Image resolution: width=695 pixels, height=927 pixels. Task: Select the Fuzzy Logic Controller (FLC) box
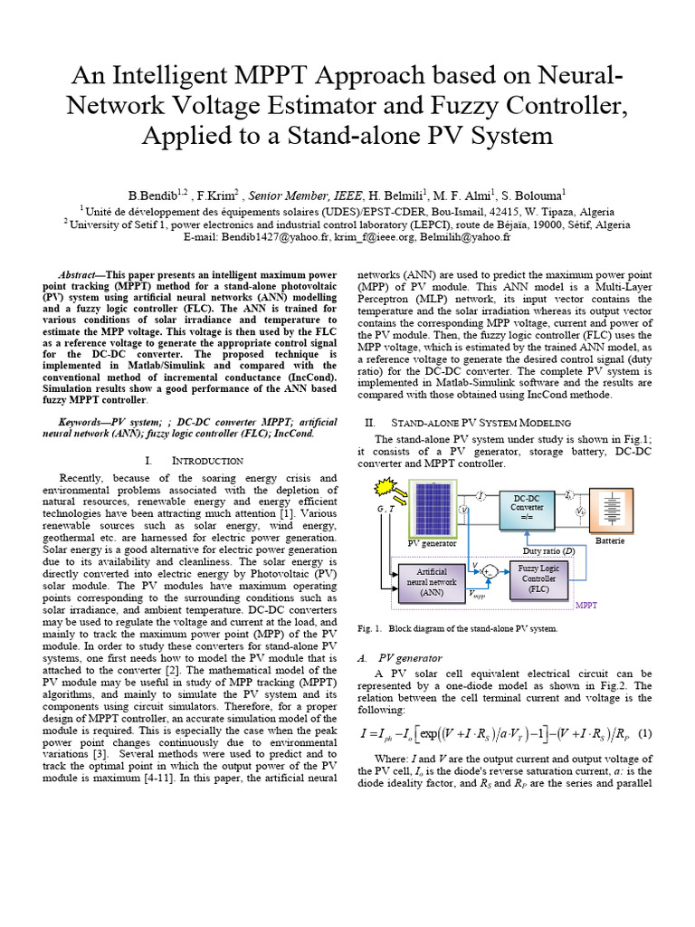coord(538,578)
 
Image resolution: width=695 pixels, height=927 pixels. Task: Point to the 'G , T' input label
coord(386,509)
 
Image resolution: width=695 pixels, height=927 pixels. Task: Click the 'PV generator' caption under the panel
coord(433,543)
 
